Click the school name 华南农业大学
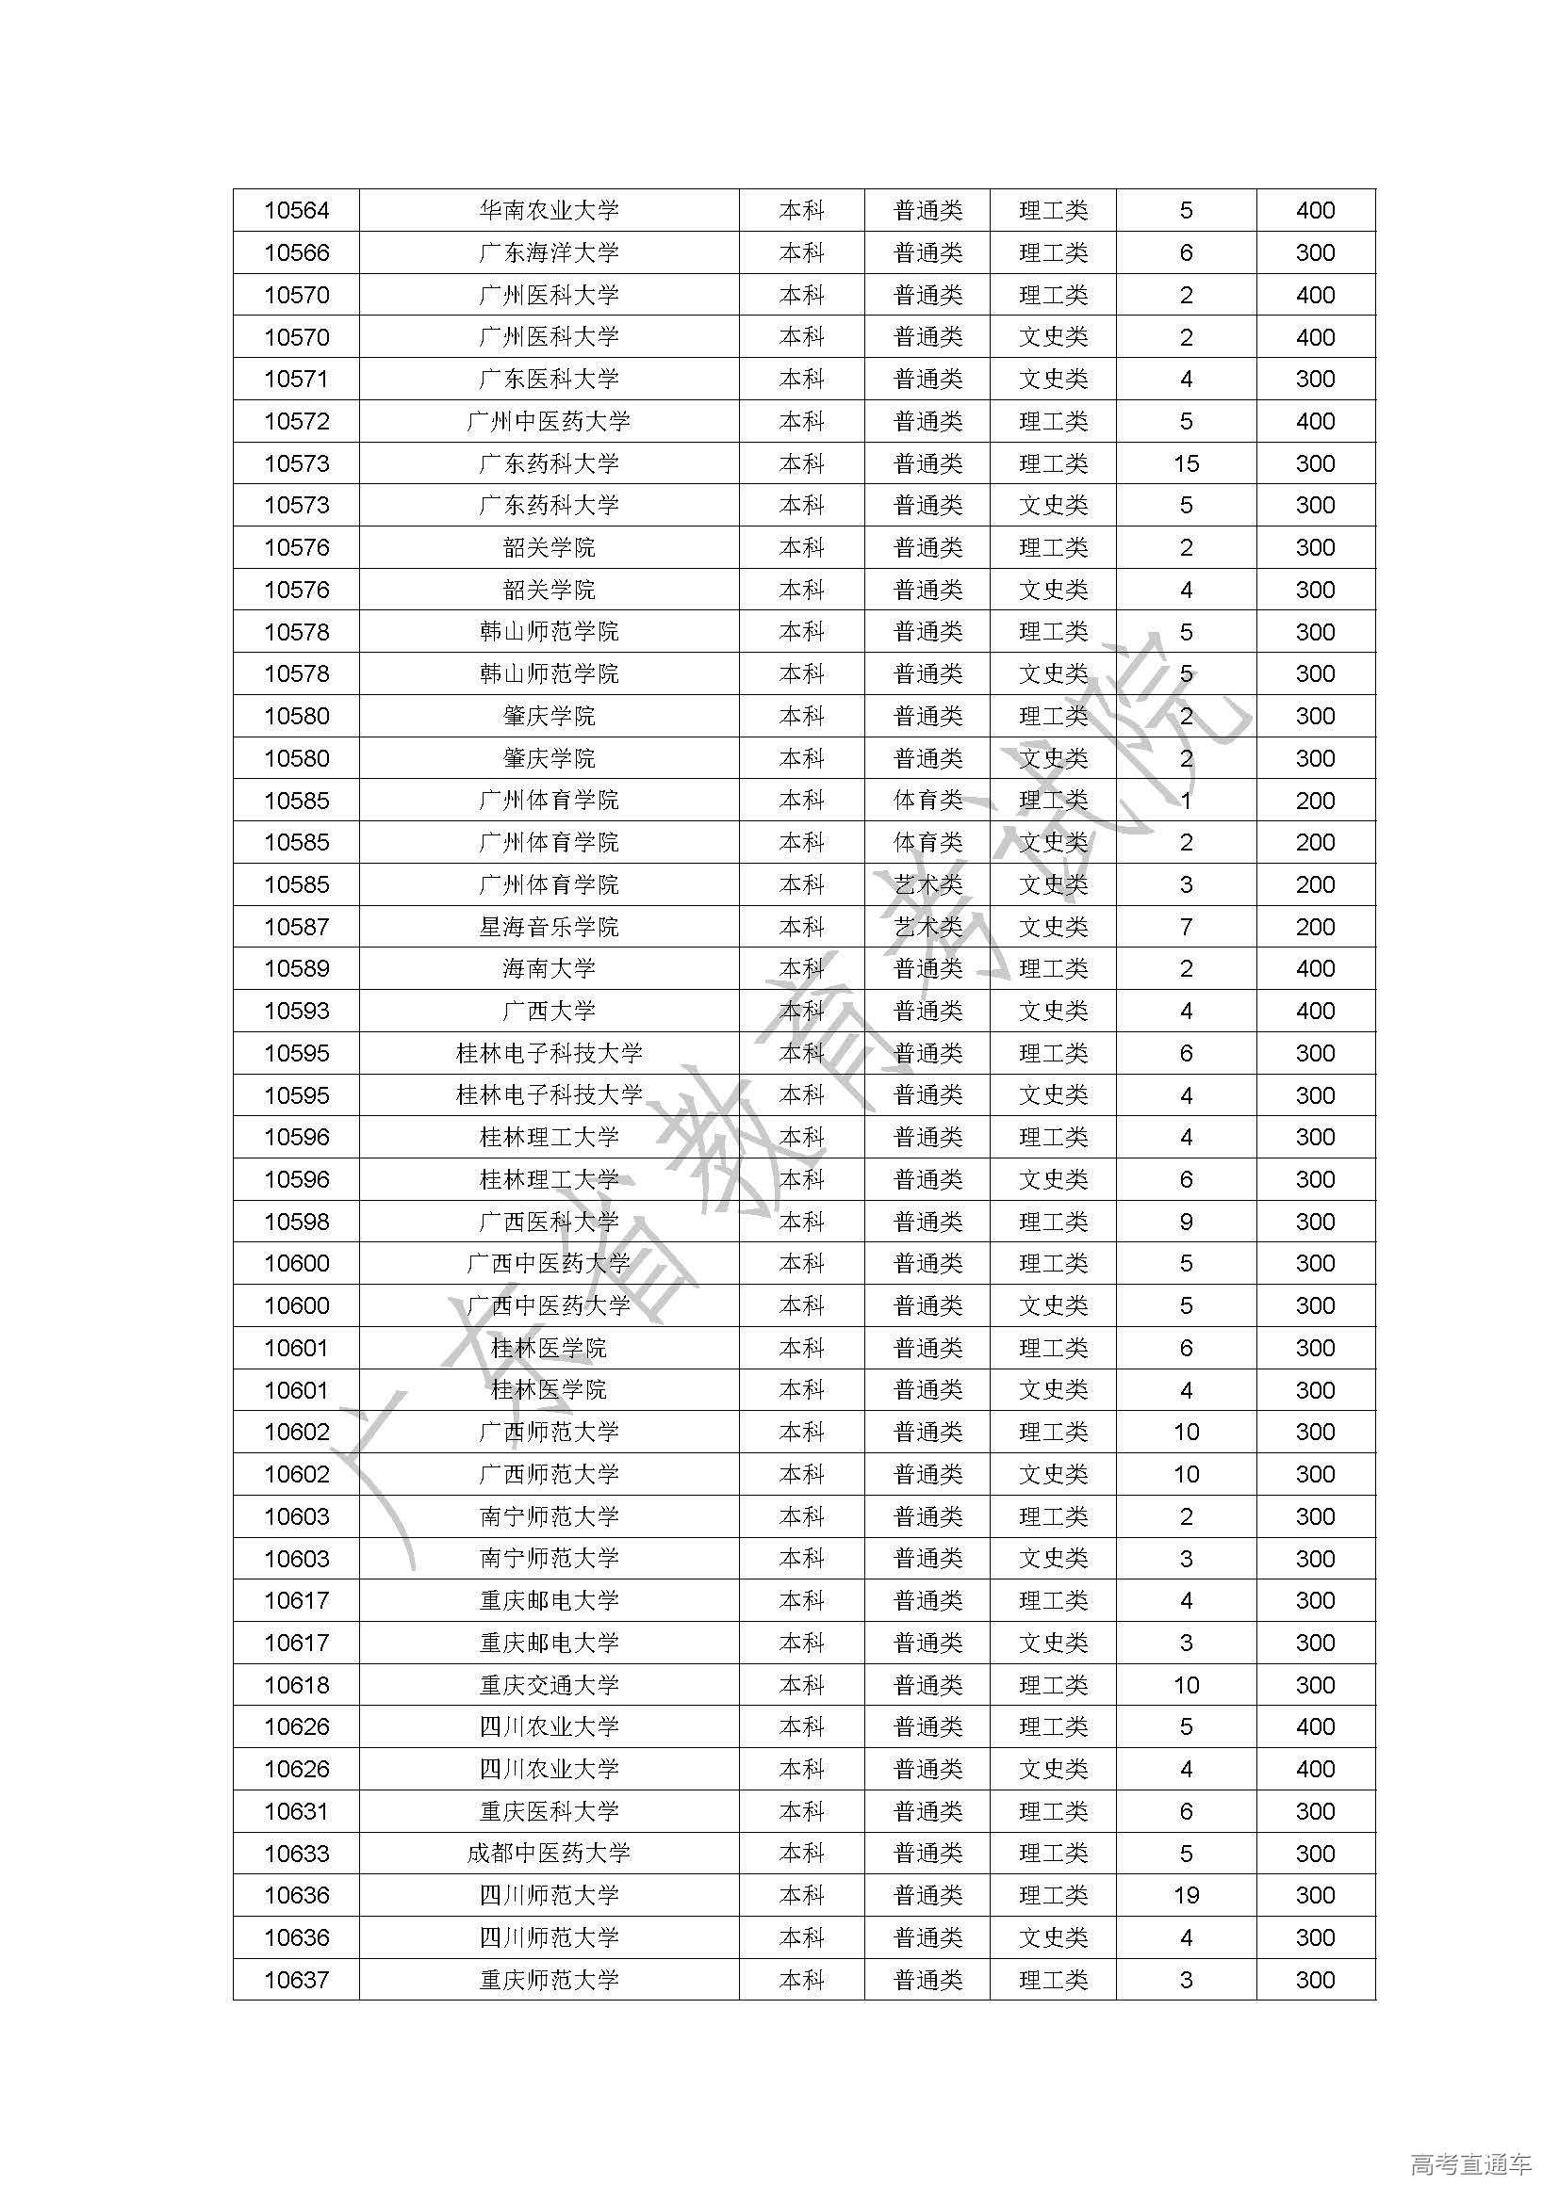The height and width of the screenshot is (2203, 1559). point(550,210)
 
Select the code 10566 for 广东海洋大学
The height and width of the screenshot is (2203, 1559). point(297,252)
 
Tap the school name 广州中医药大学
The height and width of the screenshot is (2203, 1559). point(550,421)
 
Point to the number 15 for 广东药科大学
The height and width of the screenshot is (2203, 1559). point(1186,463)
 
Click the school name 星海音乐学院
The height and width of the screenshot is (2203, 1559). point(550,927)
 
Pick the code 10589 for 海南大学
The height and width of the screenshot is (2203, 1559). point(297,969)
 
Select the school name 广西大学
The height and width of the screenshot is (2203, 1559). point(550,1012)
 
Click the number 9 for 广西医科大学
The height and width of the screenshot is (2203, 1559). point(1186,1222)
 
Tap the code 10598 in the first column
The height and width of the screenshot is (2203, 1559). point(297,1222)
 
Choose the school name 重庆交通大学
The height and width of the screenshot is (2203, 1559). point(550,1685)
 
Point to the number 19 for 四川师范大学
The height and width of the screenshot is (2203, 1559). point(1186,1896)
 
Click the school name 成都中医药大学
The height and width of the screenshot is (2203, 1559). point(550,1854)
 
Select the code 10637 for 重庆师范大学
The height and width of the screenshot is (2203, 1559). point(297,1981)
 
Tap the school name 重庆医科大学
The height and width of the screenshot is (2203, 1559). point(550,1811)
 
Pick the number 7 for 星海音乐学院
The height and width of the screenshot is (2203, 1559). point(1186,927)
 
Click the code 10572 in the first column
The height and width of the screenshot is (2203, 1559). point(297,421)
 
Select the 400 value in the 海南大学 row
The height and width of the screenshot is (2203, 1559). point(1315,969)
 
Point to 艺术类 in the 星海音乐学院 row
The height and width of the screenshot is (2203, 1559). point(927,927)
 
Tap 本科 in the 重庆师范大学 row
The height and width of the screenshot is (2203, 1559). point(801,1981)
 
